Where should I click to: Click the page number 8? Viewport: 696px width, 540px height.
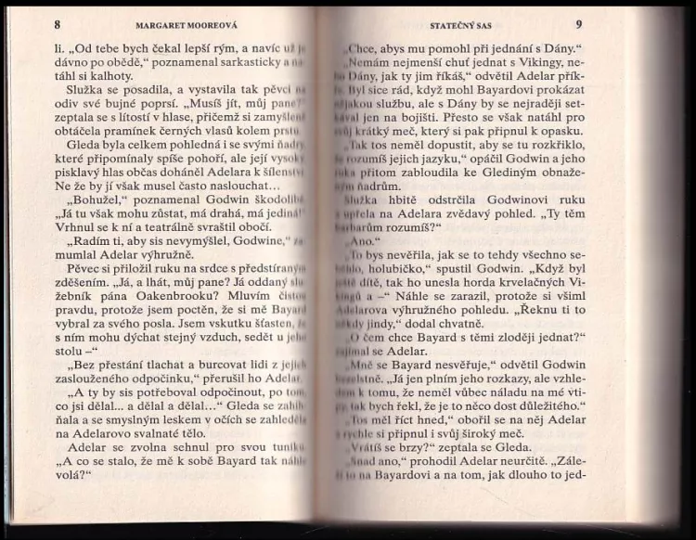coord(57,24)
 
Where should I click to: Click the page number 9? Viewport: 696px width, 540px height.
coord(577,24)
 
